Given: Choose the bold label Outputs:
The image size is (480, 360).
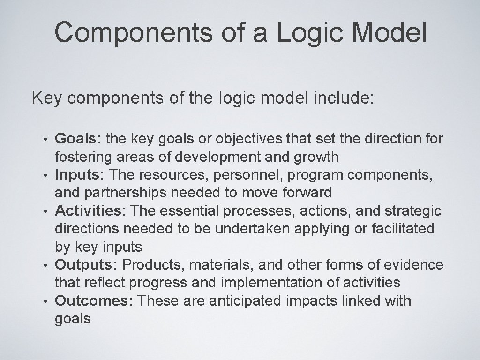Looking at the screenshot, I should click(86, 264).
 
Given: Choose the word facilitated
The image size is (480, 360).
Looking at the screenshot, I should click(398, 228).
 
